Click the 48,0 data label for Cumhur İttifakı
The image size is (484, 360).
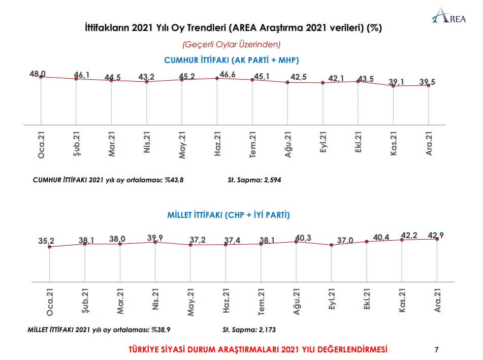38,74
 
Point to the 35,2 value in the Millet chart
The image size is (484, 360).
46,241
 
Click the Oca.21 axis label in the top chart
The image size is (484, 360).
41,144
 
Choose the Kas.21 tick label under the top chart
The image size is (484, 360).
394,144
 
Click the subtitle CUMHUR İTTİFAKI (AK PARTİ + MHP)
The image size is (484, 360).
231,60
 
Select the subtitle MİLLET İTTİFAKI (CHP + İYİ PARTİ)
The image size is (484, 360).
229,215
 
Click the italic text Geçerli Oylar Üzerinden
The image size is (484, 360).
231,44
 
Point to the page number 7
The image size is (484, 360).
437,349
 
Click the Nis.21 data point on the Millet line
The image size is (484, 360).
155,242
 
